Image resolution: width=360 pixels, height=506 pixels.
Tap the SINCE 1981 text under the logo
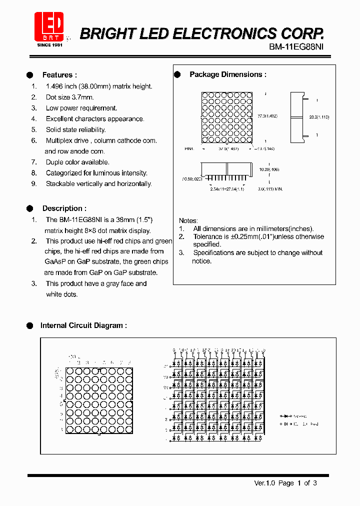click(50, 45)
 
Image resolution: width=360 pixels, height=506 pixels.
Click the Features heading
click(59, 75)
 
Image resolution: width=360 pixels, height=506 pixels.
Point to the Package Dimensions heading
click(227, 74)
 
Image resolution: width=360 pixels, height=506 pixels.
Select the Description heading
click(64, 208)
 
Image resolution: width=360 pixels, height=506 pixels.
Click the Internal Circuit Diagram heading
click(83, 325)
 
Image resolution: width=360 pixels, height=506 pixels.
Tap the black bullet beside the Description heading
click(29, 208)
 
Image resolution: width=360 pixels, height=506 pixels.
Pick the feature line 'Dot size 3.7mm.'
click(69, 97)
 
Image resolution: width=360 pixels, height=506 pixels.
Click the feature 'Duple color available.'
click(77, 162)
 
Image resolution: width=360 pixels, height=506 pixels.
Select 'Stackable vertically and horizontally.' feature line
click(98, 184)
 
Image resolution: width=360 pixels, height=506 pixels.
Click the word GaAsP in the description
click(54, 261)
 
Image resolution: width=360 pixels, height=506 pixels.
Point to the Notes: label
click(188, 220)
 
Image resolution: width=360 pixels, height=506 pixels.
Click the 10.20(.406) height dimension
click(269, 169)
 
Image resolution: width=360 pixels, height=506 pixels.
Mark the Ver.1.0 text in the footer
click(265, 483)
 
